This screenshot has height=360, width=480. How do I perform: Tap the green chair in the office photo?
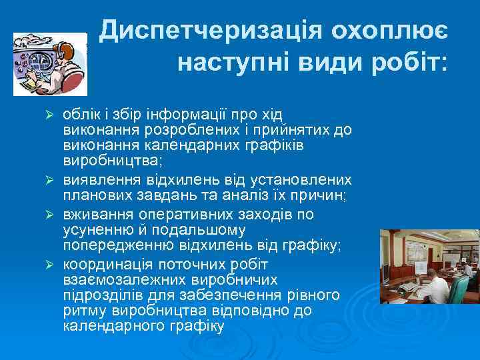coord(459,289)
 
